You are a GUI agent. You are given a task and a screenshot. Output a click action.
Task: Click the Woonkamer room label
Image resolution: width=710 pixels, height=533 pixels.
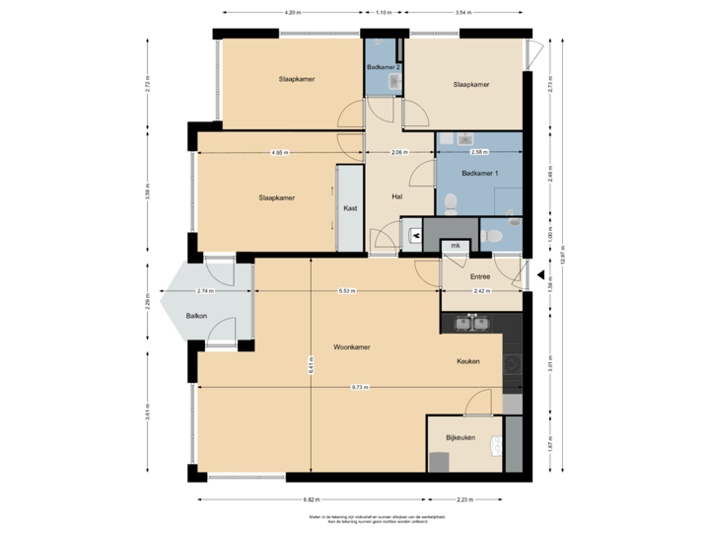point(351,347)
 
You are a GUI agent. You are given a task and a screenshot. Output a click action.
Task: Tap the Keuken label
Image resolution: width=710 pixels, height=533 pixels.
point(467,361)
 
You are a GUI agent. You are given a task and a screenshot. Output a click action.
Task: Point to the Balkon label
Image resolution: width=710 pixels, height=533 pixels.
point(195,316)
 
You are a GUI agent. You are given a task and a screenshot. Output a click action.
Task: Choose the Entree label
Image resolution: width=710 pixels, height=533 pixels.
point(480,276)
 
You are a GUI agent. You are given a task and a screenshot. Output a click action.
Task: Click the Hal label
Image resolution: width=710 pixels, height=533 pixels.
point(397,195)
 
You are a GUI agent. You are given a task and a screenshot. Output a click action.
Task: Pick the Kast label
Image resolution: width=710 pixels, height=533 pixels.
point(349,208)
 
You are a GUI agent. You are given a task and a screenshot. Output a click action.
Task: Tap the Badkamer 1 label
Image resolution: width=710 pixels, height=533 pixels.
point(480,174)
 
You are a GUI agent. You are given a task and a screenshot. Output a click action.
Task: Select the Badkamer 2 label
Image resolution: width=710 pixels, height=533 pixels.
point(383,67)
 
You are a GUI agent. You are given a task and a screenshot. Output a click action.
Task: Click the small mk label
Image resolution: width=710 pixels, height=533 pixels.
point(456,245)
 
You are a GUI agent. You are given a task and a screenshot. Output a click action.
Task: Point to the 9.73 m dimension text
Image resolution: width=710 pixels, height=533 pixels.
point(359,387)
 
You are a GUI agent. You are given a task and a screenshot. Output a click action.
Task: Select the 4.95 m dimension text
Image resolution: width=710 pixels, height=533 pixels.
point(279,153)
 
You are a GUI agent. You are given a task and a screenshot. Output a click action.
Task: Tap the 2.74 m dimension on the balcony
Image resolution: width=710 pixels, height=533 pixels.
point(205,292)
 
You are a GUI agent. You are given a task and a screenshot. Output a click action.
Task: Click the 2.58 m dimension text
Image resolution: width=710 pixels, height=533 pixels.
point(479,153)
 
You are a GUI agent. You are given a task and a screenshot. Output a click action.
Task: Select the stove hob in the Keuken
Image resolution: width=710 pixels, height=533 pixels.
point(512,367)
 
